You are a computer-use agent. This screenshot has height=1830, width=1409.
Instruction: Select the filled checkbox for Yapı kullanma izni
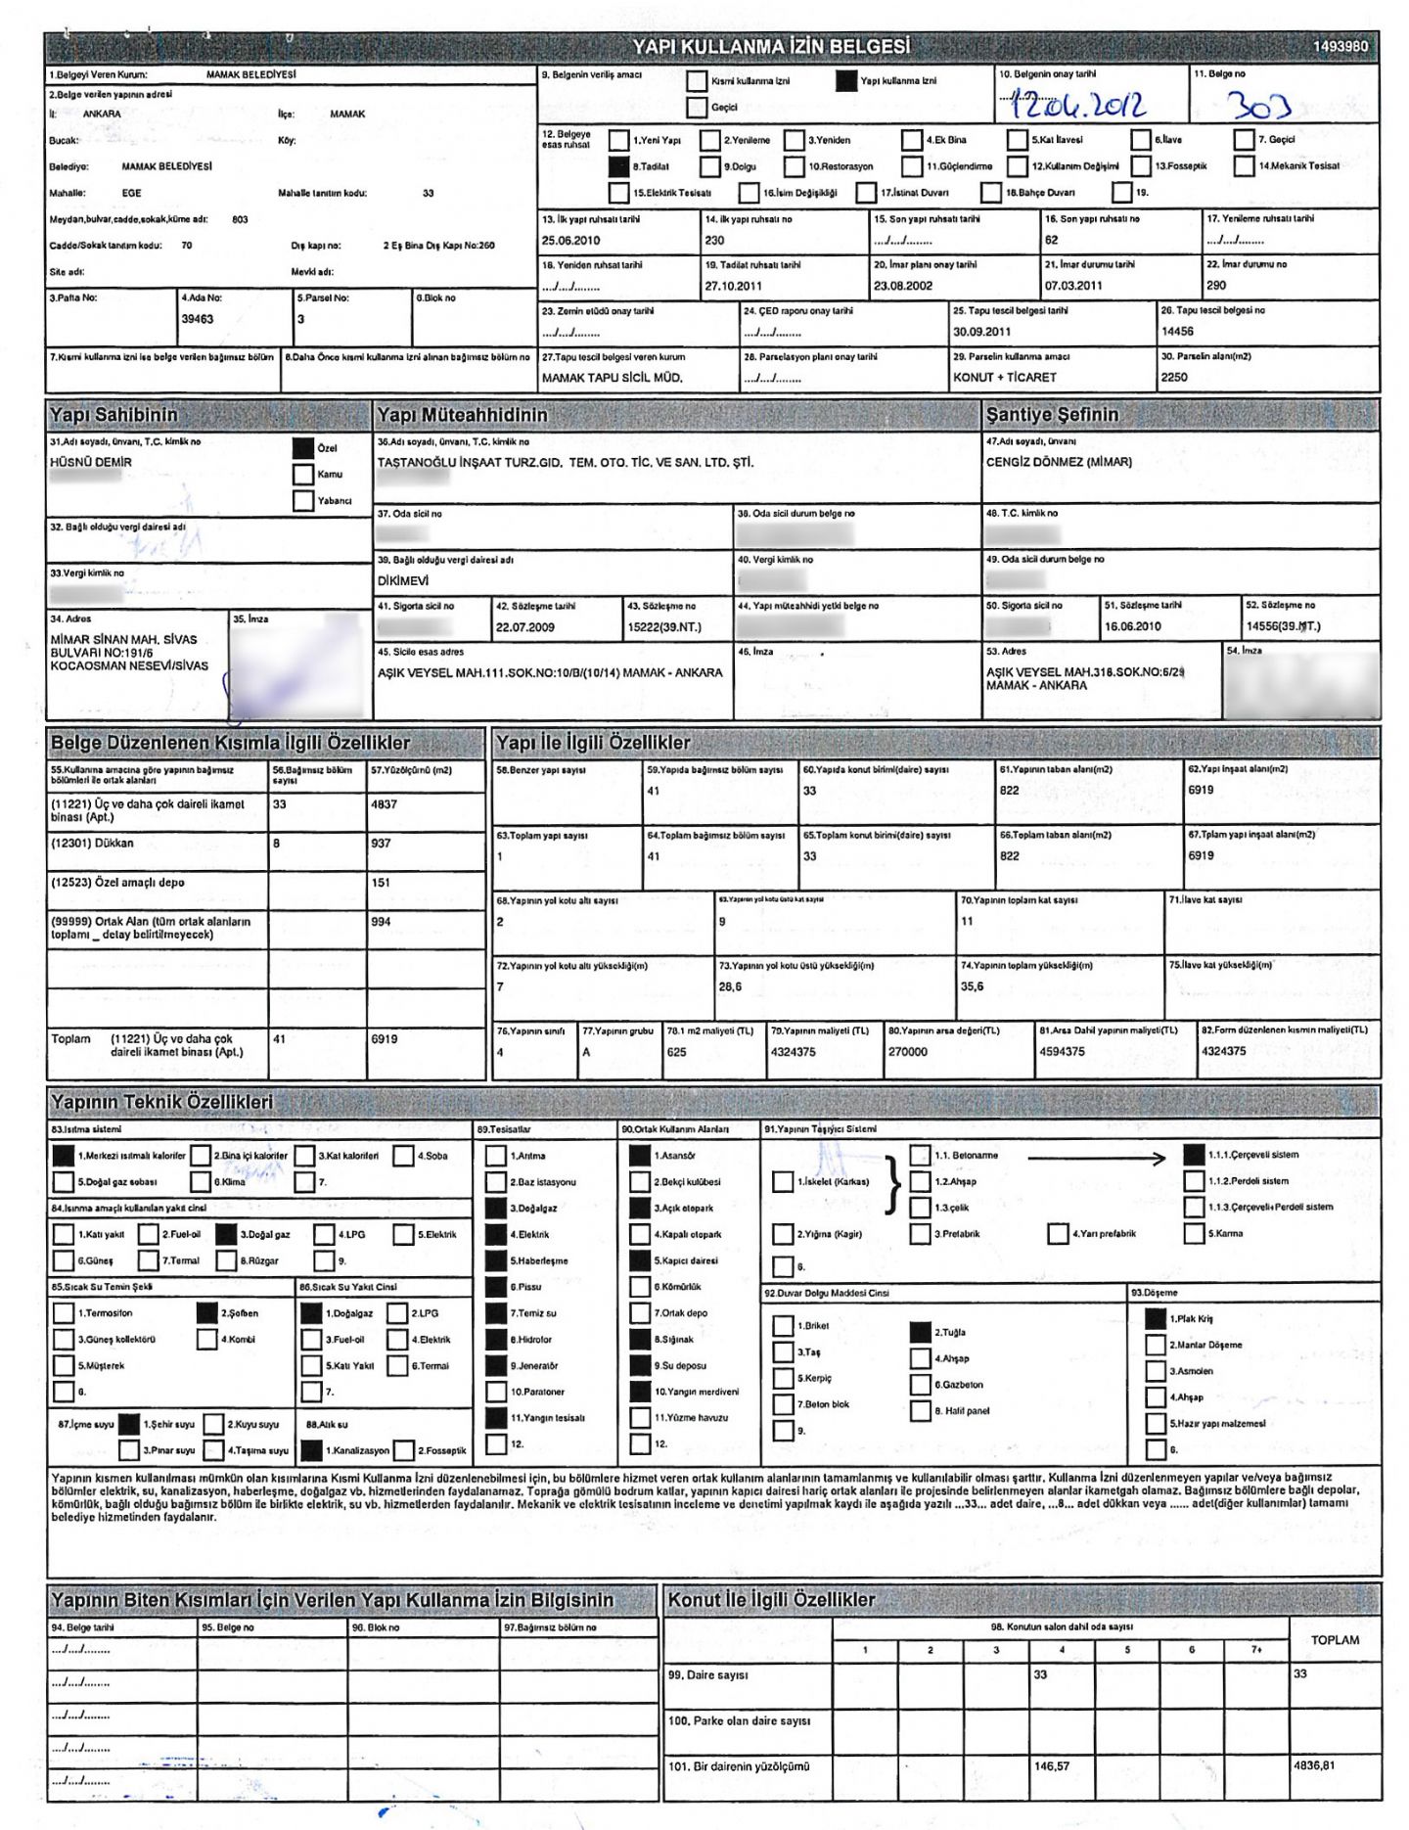click(x=846, y=81)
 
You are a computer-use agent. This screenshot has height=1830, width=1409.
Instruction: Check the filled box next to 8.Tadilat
click(x=618, y=166)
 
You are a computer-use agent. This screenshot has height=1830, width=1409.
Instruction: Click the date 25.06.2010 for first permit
click(x=570, y=241)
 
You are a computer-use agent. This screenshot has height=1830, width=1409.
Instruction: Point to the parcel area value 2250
click(x=1174, y=378)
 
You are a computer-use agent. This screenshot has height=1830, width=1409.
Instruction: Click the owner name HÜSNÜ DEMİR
click(x=91, y=463)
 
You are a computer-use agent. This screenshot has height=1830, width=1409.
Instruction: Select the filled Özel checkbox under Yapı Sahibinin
click(x=303, y=448)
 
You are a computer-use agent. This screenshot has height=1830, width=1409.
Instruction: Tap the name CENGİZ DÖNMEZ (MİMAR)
click(x=1059, y=462)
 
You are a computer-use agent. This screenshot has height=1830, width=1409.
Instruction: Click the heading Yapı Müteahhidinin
click(x=463, y=416)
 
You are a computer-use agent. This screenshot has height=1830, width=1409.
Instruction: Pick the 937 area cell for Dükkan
click(x=381, y=844)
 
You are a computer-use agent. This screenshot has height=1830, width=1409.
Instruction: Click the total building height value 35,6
click(x=972, y=987)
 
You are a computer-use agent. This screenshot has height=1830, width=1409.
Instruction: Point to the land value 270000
click(x=907, y=1052)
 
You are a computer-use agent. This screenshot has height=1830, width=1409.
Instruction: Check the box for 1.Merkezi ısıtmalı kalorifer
click(x=64, y=1156)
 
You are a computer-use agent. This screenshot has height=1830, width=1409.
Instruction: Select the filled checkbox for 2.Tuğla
click(x=920, y=1332)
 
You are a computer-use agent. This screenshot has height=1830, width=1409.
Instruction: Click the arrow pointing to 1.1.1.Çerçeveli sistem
click(x=1096, y=1159)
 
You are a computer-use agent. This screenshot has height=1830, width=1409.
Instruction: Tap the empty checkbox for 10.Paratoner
click(x=496, y=1392)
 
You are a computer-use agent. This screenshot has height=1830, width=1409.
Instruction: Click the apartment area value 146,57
click(x=1052, y=1766)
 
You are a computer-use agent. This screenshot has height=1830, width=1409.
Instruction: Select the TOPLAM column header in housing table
click(x=1335, y=1640)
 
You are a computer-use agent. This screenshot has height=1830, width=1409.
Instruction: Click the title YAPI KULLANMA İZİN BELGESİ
click(x=771, y=46)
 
